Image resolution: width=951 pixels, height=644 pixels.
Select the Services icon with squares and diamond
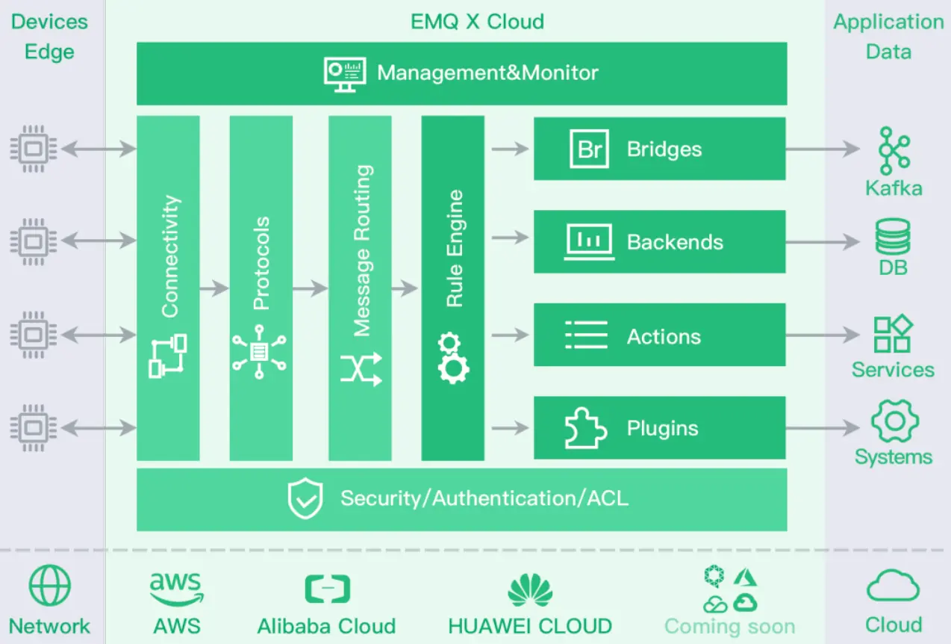[893, 334]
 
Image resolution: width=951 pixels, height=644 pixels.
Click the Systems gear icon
[894, 421]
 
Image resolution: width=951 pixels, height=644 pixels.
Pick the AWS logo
[177, 589]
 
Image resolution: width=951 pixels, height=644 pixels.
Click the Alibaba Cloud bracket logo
[327, 589]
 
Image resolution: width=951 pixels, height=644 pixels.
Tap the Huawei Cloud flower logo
[530, 589]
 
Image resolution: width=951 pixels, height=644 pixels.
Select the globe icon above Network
[50, 585]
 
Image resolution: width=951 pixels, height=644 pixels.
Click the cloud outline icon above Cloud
[893, 586]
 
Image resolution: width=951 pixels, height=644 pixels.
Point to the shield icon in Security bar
[305, 499]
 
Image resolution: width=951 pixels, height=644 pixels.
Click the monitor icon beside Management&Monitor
[345, 73]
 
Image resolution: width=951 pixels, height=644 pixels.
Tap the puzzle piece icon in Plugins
[585, 429]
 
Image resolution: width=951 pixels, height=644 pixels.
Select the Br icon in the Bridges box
[589, 149]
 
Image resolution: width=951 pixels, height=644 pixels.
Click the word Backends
[675, 242]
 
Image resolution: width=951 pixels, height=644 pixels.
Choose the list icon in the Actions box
[586, 335]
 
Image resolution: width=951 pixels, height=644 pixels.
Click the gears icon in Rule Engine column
[452, 359]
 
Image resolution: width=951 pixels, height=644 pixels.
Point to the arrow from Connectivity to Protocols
[214, 288]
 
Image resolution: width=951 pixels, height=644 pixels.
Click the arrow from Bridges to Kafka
[822, 149]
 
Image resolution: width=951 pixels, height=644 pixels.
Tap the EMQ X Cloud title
[477, 21]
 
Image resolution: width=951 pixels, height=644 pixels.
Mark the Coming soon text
[729, 625]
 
